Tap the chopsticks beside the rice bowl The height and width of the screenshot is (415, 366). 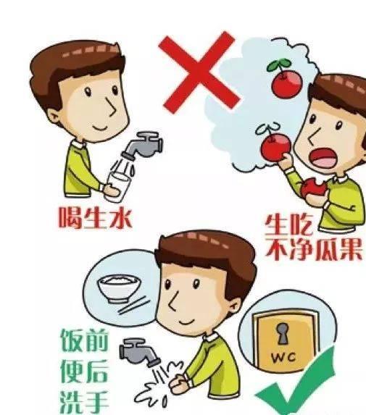[130, 307]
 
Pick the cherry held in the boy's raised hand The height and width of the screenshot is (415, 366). [273, 148]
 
